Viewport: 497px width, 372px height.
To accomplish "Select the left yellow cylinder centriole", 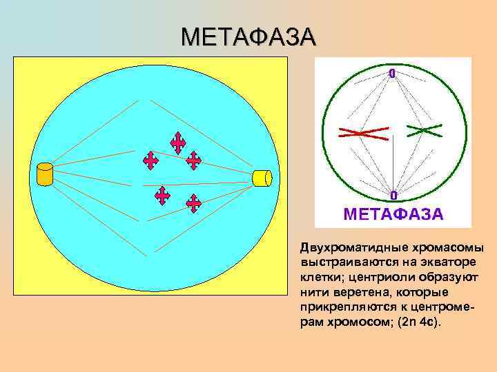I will coord(45,174).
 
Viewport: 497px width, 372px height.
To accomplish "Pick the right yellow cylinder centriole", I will coord(262,177).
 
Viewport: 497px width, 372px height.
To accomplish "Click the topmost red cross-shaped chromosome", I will coord(178,143).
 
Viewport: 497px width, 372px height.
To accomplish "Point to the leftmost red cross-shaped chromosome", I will coord(150,161).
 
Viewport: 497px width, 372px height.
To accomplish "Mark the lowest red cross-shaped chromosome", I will coord(194,203).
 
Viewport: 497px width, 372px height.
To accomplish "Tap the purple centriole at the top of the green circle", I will coord(392,72).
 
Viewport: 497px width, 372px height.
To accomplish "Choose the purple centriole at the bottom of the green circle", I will coord(393,196).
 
